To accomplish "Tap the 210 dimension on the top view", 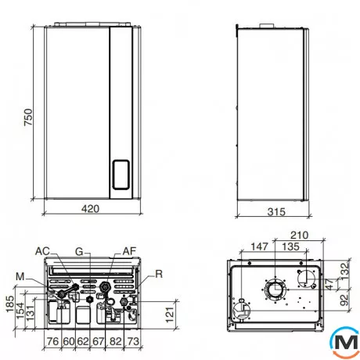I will click(297, 235).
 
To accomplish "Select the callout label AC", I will click(44, 250).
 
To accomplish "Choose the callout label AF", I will click(130, 250).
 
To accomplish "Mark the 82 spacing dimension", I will click(117, 342).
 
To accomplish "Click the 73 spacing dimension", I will click(133, 342).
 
